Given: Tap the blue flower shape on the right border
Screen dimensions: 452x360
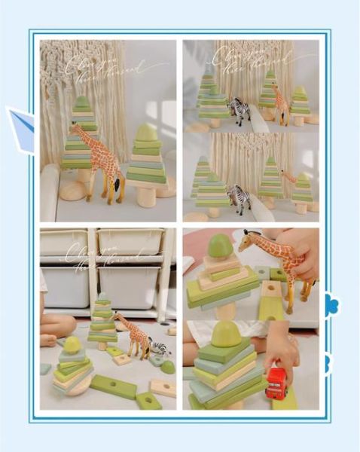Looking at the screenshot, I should point(331,305).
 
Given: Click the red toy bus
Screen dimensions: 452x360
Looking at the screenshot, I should point(276,383).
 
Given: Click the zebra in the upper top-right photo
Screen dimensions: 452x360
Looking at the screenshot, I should point(240,110).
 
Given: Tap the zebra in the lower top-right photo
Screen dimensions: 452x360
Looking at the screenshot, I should point(239,198).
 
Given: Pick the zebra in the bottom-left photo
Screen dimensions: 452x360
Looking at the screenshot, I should point(159,347).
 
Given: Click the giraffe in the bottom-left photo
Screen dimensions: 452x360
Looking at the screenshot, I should point(134,335).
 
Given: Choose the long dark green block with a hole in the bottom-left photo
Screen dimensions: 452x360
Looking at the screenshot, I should point(114,386).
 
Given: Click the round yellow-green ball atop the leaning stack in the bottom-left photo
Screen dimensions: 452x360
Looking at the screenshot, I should point(72,345).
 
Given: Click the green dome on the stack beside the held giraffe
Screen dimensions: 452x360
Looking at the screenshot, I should point(220,245).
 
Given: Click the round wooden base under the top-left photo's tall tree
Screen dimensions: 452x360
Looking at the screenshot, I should point(73,189).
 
